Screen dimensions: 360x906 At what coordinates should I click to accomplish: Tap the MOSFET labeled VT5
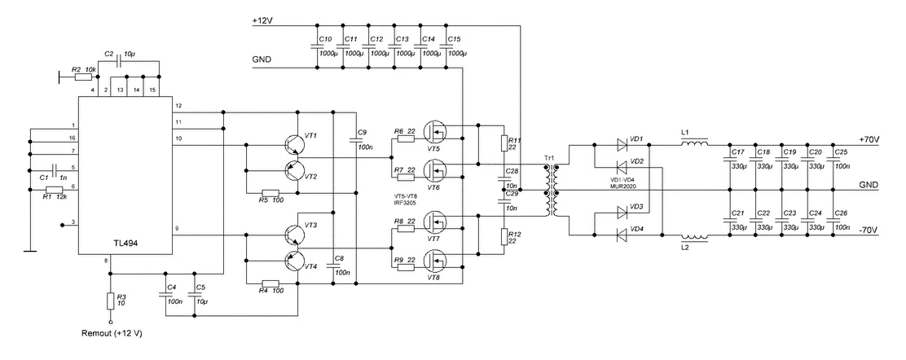[x=438, y=134]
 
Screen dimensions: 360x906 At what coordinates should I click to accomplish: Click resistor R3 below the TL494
[x=110, y=301]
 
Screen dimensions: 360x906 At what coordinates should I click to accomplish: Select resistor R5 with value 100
[x=270, y=194]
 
